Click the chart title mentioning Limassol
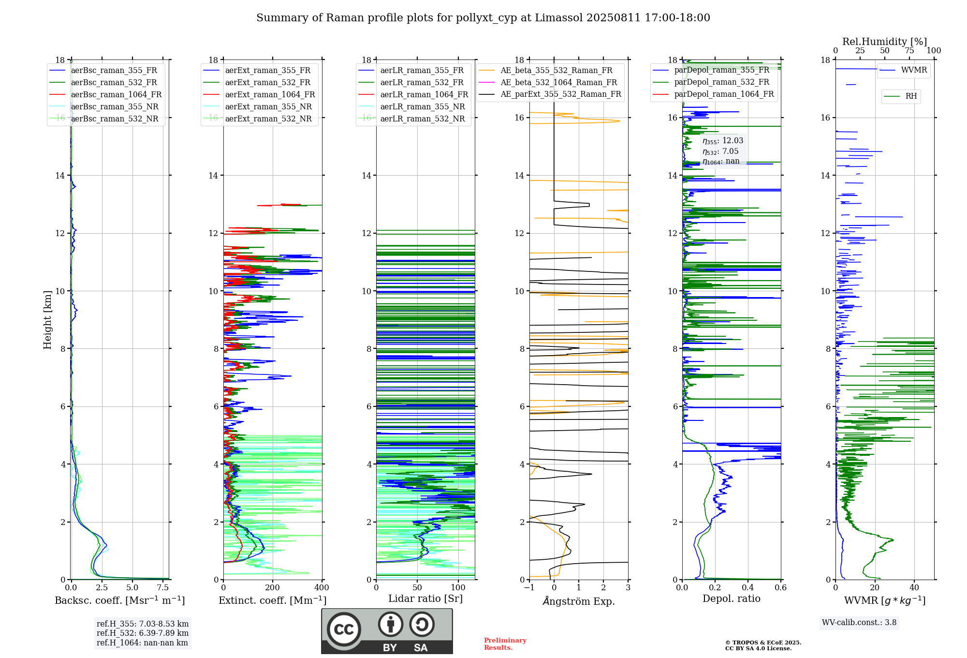483,18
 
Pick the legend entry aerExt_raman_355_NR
268,107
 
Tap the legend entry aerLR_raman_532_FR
422,83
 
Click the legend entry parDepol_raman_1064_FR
724,94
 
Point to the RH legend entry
911,96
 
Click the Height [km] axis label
47,319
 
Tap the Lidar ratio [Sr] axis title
425,599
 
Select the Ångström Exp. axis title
579,601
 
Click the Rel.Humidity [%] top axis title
884,42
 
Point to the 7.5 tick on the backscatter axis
163,588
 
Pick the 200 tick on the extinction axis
273,588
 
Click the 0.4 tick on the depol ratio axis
748,588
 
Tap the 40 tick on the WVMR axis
914,588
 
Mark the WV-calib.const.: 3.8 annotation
859,623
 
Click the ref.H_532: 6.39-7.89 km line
143,633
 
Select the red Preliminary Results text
505,644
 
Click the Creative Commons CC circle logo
344,629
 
